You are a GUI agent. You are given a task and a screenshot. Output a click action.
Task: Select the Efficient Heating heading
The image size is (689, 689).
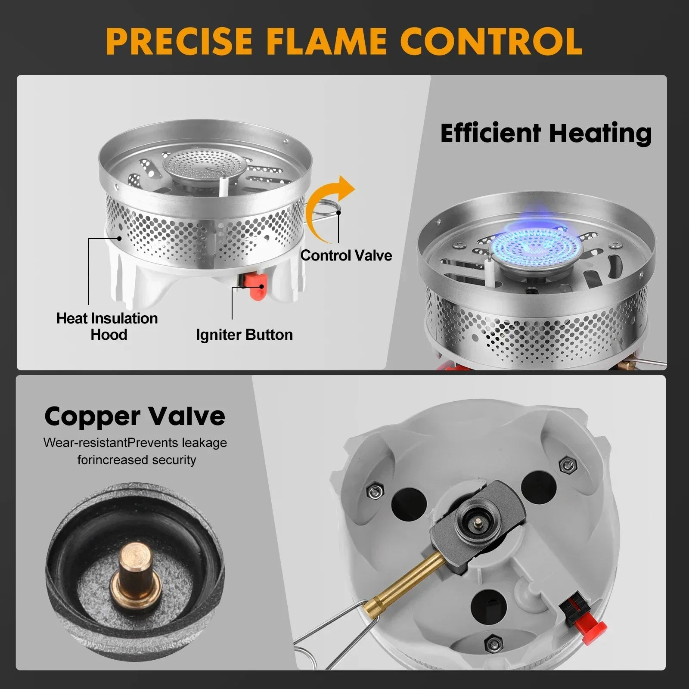click(x=546, y=133)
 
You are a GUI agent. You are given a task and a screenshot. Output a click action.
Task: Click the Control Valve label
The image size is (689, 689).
click(x=346, y=255)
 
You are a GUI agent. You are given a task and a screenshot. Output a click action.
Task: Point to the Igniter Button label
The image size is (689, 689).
click(x=244, y=335)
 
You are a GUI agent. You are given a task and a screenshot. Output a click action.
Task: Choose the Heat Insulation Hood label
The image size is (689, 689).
click(x=107, y=326)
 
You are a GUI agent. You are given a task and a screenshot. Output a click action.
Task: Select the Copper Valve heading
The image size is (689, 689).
click(x=135, y=416)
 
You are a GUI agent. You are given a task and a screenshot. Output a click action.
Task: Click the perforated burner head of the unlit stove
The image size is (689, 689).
click(x=195, y=164)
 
